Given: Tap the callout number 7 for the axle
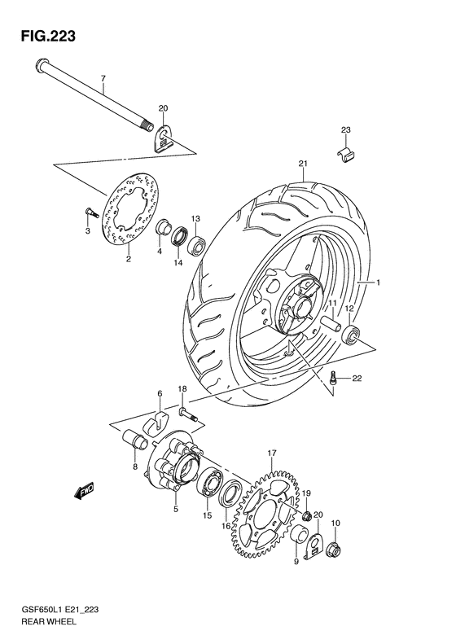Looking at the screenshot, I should pyautogui.click(x=103, y=79).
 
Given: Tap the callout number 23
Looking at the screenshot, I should pyautogui.click(x=346, y=130).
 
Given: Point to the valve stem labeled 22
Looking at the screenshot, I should pyautogui.click(x=335, y=377).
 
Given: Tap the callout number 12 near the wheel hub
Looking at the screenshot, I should pyautogui.click(x=348, y=309).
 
